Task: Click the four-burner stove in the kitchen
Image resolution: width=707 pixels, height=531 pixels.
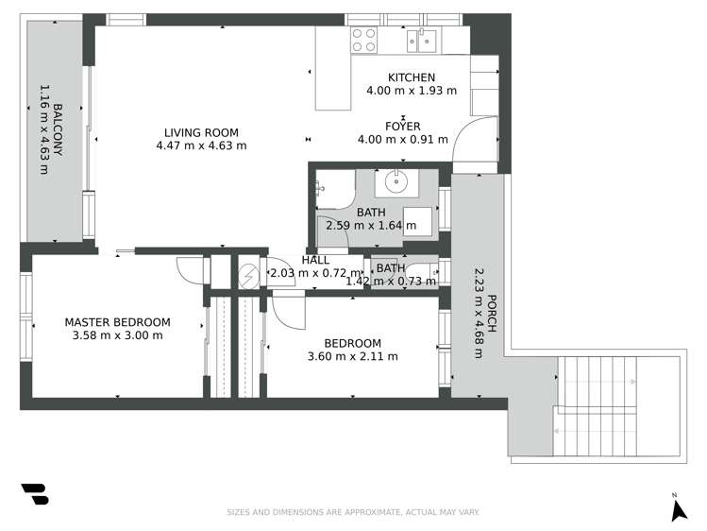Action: click(x=363, y=39)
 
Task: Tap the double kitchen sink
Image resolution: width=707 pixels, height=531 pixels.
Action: click(x=421, y=39)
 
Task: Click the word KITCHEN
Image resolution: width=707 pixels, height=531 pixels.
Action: click(x=412, y=77)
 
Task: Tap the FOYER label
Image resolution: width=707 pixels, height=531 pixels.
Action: click(x=402, y=126)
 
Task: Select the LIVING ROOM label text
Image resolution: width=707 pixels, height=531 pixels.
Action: click(x=201, y=132)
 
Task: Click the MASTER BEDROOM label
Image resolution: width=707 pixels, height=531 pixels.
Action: click(x=117, y=322)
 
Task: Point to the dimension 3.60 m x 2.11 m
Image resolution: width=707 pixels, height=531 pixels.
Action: click(x=352, y=357)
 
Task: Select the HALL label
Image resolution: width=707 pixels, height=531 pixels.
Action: click(x=315, y=260)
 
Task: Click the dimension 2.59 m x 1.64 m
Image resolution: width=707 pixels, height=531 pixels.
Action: click(x=370, y=226)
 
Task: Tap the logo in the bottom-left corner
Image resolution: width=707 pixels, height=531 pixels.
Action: click(x=34, y=493)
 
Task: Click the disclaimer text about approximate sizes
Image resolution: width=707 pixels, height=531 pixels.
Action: click(x=353, y=513)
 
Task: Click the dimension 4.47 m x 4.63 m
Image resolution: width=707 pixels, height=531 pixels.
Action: click(x=201, y=146)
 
